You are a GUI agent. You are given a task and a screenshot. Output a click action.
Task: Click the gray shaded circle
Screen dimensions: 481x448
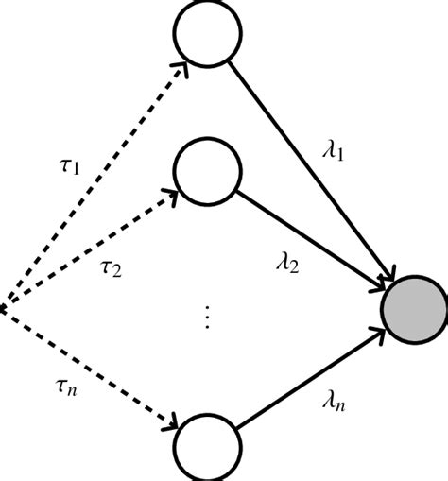tap(413, 312)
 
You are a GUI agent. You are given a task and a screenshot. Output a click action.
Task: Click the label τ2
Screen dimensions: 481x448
tap(111, 268)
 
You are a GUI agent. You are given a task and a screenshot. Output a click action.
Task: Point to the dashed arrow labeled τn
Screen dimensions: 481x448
tap(90, 369)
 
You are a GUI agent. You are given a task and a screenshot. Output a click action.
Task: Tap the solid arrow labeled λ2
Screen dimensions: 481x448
tap(312, 242)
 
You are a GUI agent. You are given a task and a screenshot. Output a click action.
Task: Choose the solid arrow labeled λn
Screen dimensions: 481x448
tap(312, 382)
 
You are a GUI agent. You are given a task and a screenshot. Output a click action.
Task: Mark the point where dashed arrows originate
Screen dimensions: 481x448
tap(3, 306)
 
